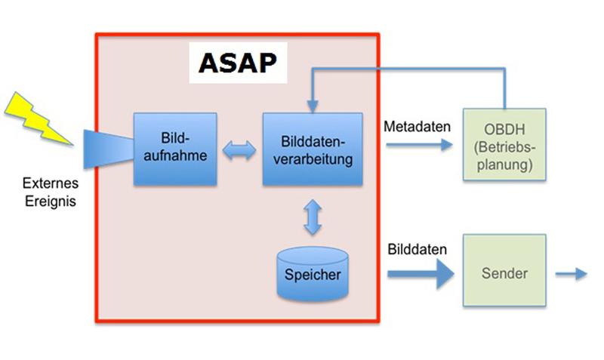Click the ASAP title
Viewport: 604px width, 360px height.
point(238,63)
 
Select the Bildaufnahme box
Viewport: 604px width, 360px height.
point(175,149)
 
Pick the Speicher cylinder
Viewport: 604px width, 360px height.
point(313,275)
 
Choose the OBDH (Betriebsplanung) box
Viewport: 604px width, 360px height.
point(503,143)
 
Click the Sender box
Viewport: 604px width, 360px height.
point(503,272)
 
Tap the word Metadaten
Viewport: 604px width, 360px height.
point(418,126)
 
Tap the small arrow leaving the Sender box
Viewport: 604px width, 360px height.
point(571,274)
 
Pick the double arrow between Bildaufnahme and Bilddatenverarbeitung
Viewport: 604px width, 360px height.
point(239,150)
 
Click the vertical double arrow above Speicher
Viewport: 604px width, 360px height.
point(313,217)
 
